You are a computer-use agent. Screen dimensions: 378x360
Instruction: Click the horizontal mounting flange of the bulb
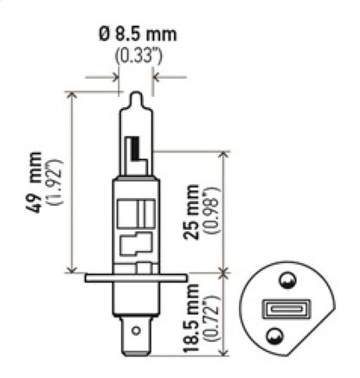click(x=135, y=278)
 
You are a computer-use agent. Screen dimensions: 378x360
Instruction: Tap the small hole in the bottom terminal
click(x=136, y=330)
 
